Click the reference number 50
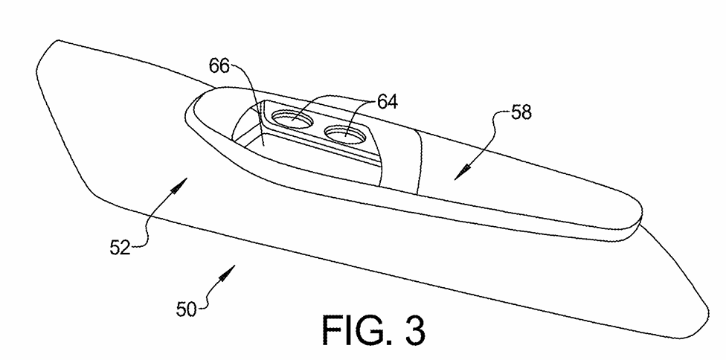click(x=187, y=308)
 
